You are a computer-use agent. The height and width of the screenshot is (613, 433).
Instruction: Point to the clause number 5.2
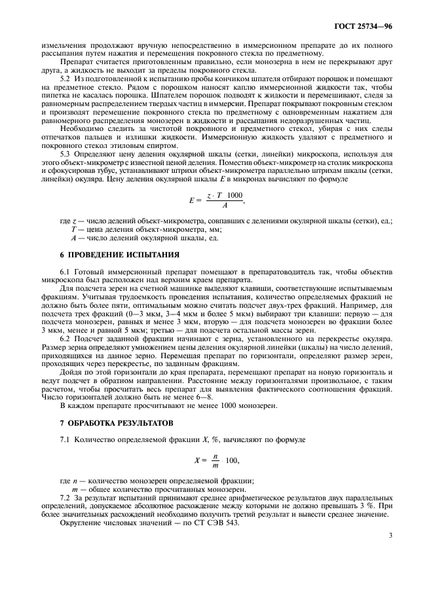coord(66,78)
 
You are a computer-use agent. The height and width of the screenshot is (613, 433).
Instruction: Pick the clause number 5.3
coord(66,134)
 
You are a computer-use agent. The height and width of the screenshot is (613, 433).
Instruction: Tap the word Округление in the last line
coord(80,524)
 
